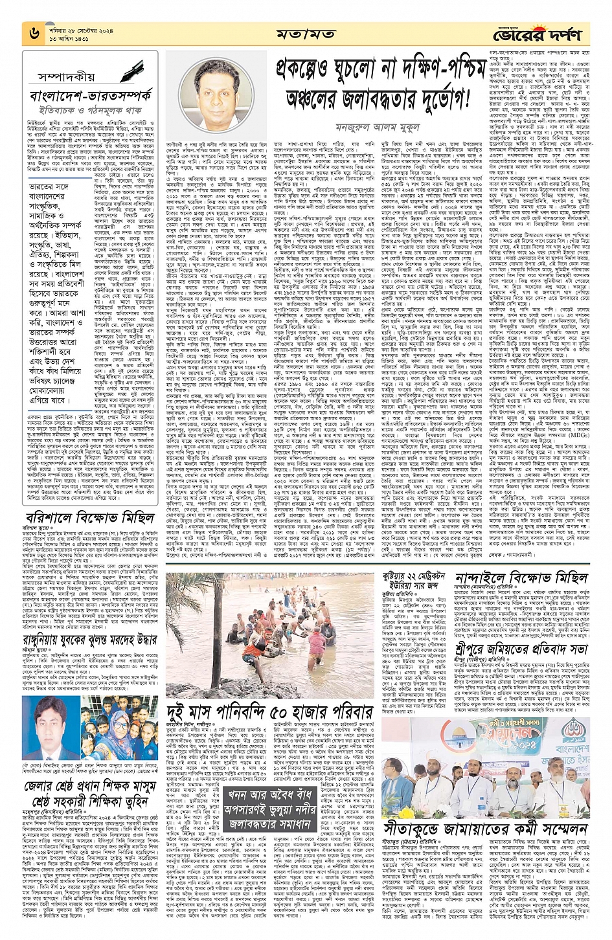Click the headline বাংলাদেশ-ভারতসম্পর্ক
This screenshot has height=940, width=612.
[x=91, y=97]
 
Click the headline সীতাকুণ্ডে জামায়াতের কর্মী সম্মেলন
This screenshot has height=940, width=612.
[x=485, y=829]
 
